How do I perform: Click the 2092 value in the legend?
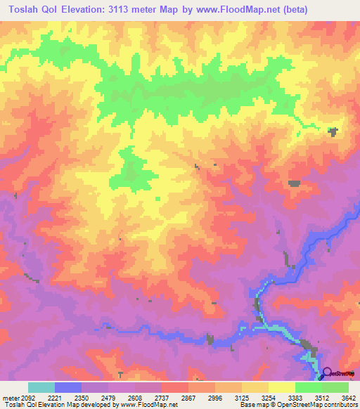point(27,397)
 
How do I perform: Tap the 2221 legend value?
point(54,397)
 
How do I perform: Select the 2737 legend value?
point(161,397)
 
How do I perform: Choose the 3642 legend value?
point(348,397)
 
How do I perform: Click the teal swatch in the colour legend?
point(41,387)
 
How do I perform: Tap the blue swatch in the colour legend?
point(68,387)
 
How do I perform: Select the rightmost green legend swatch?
point(335,387)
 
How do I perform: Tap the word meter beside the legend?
point(11,397)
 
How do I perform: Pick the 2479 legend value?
point(108,397)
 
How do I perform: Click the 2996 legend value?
point(214,397)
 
